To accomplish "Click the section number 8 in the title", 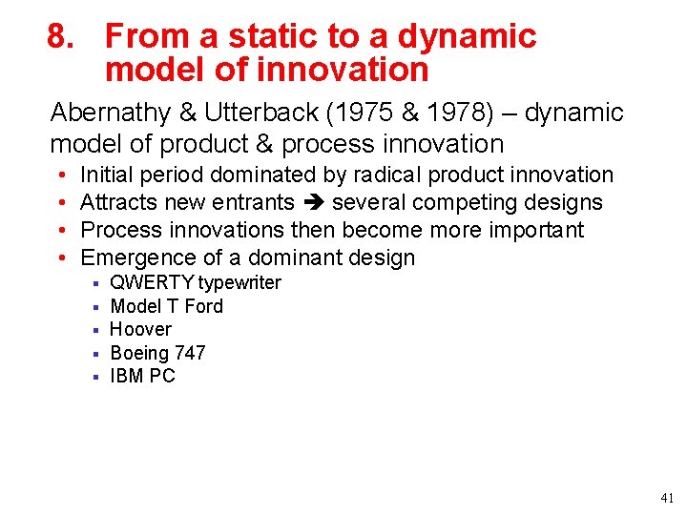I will [x=59, y=37].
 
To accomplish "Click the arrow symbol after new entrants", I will [x=313, y=203].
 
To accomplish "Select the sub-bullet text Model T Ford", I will [x=166, y=306].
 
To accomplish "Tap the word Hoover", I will [x=141, y=329].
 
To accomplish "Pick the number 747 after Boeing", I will [x=189, y=353].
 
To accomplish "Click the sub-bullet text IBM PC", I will [x=143, y=376].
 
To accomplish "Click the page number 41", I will [x=666, y=498].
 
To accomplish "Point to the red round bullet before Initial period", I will [x=60, y=175].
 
